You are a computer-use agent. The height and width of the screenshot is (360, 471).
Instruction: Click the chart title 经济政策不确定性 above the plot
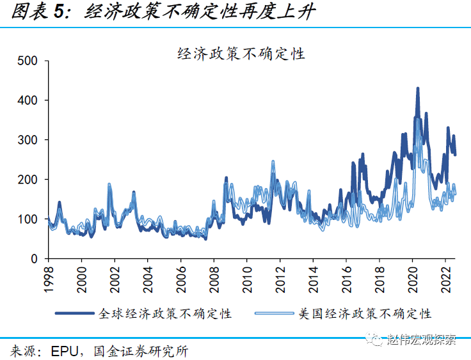tap(241, 54)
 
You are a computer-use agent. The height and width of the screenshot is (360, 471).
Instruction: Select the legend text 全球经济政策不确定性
tap(164, 313)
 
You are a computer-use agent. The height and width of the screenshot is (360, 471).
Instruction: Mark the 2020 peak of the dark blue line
tap(418, 88)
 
